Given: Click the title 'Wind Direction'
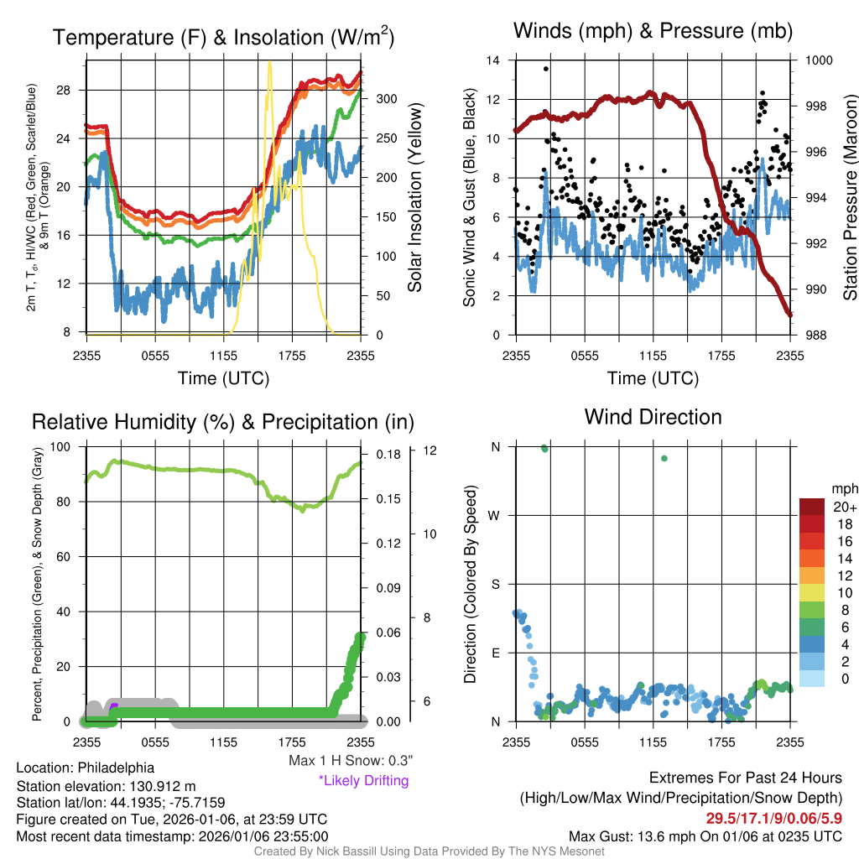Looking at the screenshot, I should pyautogui.click(x=653, y=417).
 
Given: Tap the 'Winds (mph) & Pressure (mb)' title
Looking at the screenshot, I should pyautogui.click(x=653, y=32).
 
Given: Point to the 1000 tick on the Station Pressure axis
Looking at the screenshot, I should pyautogui.click(x=819, y=60).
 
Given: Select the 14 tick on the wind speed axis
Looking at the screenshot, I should pyautogui.click(x=493, y=60).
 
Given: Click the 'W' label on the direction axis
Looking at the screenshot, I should pyautogui.click(x=495, y=515).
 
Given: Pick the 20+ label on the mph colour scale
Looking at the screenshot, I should pyautogui.click(x=844, y=507).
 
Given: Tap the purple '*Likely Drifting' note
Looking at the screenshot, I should pyautogui.click(x=363, y=781).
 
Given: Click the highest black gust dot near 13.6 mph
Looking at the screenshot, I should pyautogui.click(x=546, y=69).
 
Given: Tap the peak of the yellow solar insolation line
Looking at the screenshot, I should pyautogui.click(x=269, y=63).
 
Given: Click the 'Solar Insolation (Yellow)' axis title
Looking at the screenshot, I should pyautogui.click(x=414, y=198).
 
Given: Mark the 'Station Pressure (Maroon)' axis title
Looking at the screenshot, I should pyautogui.click(x=849, y=198).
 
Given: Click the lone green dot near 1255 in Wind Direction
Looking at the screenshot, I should pyautogui.click(x=664, y=458).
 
